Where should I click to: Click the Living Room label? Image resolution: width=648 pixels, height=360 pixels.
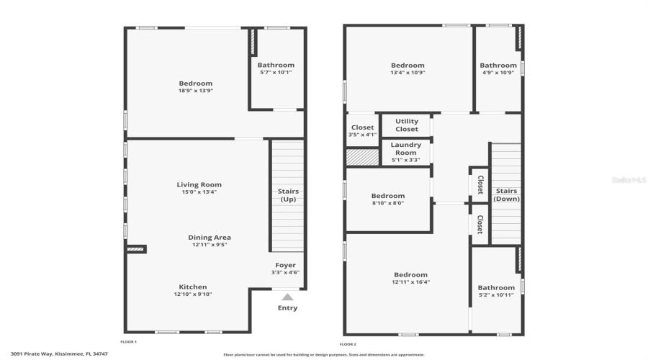point(199,185)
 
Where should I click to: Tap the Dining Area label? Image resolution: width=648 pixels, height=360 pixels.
point(210,238)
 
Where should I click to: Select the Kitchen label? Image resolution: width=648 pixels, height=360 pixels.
point(193,287)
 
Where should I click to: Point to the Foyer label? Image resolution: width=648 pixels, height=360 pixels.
point(286,265)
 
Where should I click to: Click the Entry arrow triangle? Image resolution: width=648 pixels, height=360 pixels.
point(287,297)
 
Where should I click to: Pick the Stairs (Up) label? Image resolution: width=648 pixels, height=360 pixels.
point(288,195)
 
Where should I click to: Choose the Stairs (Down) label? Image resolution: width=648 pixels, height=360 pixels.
point(507,194)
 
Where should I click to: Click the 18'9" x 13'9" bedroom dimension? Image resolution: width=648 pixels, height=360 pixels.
point(196,91)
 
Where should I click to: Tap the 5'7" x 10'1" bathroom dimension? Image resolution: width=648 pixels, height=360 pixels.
point(276,72)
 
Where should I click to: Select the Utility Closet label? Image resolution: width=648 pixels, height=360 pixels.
point(407,125)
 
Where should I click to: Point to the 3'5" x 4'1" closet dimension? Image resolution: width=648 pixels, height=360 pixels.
point(363,135)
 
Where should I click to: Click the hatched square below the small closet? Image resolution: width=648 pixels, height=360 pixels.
point(363,157)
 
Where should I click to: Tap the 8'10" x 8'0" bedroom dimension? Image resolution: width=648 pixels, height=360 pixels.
point(387,203)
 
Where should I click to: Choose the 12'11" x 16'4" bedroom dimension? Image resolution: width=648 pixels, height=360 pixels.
point(411,282)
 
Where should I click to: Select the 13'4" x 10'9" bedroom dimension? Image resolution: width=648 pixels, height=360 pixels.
point(408,73)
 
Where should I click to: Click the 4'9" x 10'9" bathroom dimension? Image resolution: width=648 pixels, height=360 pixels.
point(498,73)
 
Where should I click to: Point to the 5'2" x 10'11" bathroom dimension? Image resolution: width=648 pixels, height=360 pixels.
point(497,295)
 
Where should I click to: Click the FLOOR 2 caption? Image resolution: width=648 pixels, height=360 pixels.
point(348,344)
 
